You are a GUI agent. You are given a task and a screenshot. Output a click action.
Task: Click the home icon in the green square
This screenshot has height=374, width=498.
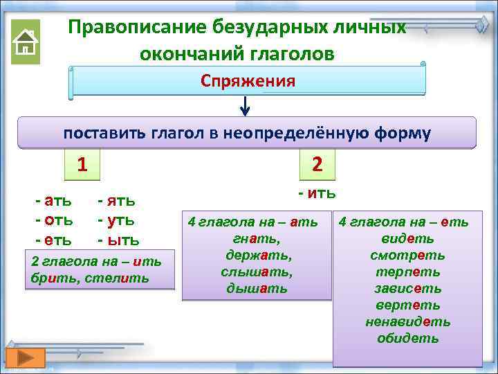coord(26,42)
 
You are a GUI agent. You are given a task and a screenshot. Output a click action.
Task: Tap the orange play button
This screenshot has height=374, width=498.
coord(26,358)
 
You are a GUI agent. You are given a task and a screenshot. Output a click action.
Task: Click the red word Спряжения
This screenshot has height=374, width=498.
coord(248,81)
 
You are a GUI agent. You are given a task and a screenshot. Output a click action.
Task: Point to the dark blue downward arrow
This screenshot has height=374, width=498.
coord(245,106)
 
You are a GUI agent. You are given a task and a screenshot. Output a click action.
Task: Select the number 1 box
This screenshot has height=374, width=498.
coord(82,165)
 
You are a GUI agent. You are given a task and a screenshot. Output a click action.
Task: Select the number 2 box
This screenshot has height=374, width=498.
coord(317,165)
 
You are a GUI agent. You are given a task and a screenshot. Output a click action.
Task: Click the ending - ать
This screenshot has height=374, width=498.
coord(53,201)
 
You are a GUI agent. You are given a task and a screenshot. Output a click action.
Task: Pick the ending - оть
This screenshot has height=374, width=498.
coord(53,220)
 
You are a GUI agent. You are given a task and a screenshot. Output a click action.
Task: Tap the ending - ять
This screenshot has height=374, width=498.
coord(116,201)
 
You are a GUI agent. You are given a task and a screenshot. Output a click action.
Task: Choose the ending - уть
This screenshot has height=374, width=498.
coord(116,220)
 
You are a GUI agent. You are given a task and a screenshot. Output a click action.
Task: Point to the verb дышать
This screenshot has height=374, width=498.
coord(256,289)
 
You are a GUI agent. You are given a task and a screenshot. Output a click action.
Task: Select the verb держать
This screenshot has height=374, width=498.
coord(256,256)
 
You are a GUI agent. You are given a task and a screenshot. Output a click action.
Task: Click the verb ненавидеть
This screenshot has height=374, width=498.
coord(407,322)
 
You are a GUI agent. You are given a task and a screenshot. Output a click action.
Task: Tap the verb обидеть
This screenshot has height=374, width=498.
coord(407,339)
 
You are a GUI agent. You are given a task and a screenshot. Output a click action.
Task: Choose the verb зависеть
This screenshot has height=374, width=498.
coord(407,289)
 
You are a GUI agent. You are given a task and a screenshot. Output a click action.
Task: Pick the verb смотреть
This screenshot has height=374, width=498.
coord(407,256)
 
